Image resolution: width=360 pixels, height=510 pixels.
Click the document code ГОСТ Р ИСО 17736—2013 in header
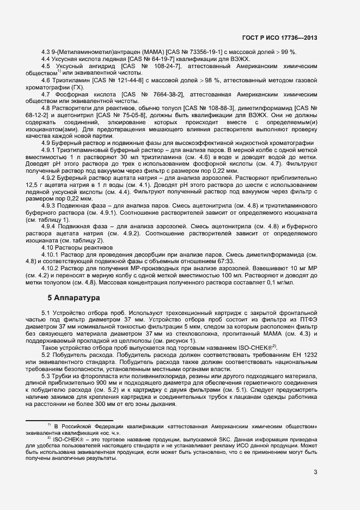(279, 38)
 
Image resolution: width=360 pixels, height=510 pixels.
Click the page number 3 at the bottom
(315, 472)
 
